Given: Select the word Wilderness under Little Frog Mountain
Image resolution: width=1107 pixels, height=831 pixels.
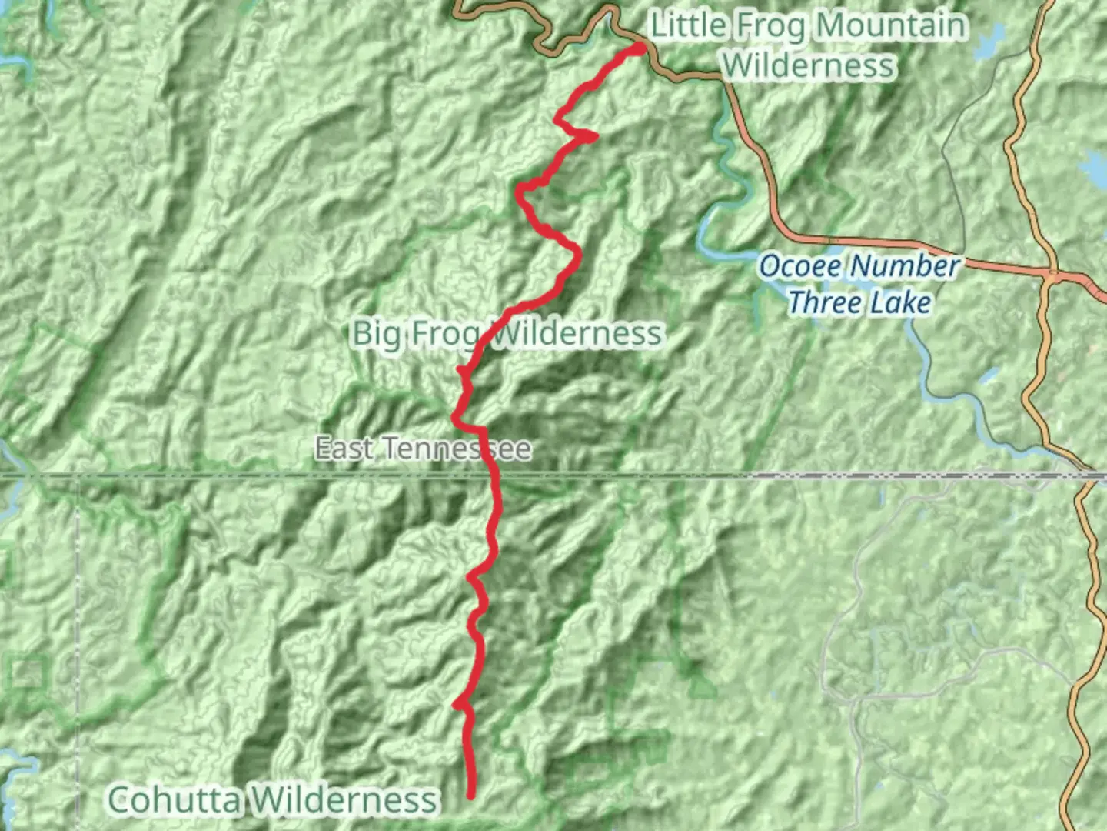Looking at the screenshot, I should (809, 65).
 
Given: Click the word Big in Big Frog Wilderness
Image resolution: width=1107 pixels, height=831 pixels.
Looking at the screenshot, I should (377, 334).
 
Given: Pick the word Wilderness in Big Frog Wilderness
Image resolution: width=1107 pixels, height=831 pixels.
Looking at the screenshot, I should (577, 334).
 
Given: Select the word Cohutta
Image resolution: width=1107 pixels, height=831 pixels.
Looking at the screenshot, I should (174, 799).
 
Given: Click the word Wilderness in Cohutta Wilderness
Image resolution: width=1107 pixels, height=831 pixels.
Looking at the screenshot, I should (344, 799).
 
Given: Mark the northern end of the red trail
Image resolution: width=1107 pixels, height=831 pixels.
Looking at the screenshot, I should (640, 48).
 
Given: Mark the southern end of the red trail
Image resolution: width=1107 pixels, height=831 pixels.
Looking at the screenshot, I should (471, 796).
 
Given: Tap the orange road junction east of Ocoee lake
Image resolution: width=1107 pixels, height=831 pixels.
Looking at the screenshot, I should (1052, 272).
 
